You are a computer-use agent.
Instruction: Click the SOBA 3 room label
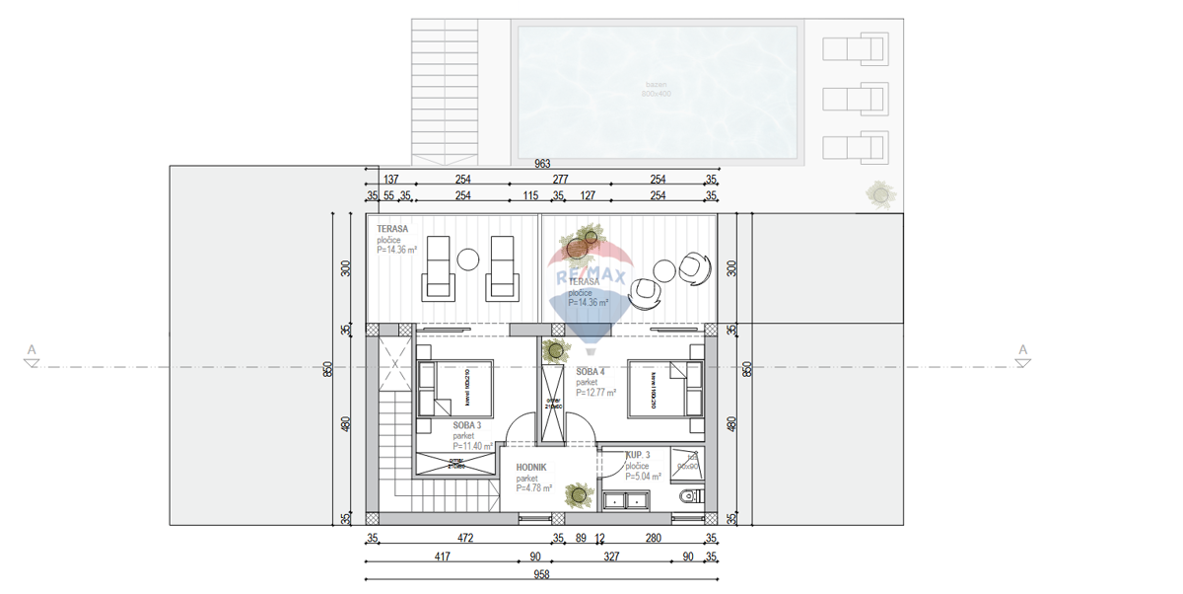(x=467, y=426)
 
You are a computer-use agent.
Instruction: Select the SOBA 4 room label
(x=592, y=372)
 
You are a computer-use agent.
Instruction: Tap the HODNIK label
(x=531, y=469)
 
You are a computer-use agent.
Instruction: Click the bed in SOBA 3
(x=454, y=389)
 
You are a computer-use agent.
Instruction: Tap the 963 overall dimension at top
(x=541, y=164)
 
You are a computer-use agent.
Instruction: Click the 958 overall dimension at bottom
(x=541, y=575)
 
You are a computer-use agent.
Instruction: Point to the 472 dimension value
(x=465, y=539)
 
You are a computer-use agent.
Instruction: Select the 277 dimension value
(x=560, y=180)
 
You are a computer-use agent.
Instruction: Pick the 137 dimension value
(x=390, y=180)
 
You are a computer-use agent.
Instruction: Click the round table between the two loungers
(x=468, y=260)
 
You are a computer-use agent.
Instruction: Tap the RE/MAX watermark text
(x=591, y=277)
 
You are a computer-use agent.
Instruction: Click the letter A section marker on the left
(x=32, y=349)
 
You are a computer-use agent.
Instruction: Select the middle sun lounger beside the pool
(x=854, y=99)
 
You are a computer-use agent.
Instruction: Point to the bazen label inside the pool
(x=657, y=86)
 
